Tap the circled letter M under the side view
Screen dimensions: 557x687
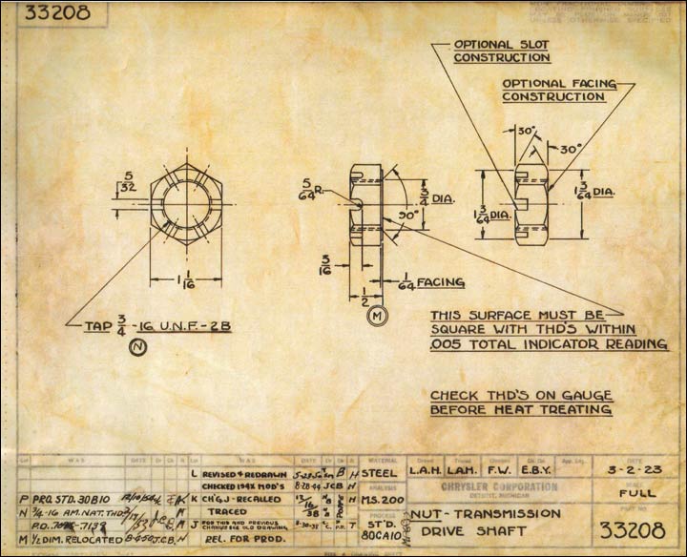click(376, 314)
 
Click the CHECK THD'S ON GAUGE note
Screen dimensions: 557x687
click(521, 402)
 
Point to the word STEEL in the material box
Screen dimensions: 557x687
click(379, 471)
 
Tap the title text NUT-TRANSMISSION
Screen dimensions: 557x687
click(478, 514)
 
